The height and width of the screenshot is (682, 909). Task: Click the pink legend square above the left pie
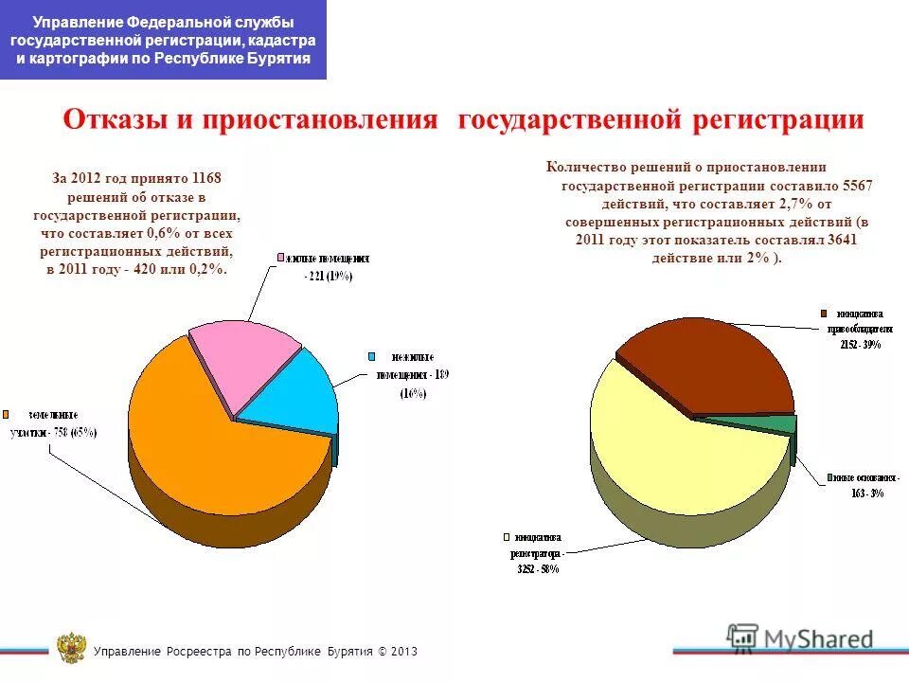[x=280, y=258]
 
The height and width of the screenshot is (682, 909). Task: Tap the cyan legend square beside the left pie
[x=372, y=357]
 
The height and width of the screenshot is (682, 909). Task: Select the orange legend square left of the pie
[x=6, y=415]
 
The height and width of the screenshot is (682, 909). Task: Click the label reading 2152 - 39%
[x=859, y=345]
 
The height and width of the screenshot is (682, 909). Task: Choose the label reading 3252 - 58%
[x=537, y=569]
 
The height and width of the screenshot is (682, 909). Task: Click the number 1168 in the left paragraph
[x=207, y=178]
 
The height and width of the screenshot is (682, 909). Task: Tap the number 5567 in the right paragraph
[x=853, y=186]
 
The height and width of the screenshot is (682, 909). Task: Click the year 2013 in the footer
[x=402, y=652]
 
